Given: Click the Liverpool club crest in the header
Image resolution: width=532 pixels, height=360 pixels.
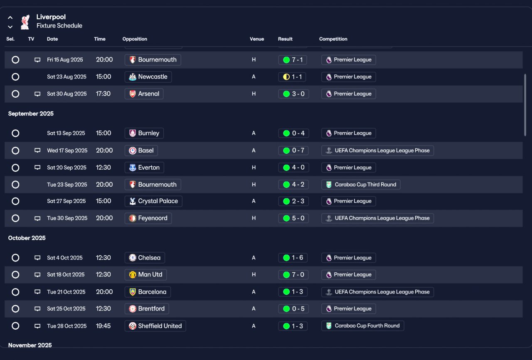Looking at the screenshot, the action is pos(25,22).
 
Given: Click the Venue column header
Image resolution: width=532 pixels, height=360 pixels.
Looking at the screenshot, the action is pos(257,39).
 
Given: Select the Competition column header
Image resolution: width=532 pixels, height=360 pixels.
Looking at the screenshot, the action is pos(333,39).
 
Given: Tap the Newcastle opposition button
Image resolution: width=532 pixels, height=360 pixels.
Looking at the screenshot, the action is pos(148,77).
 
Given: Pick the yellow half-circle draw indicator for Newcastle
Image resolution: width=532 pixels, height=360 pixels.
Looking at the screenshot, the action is pos(286,77).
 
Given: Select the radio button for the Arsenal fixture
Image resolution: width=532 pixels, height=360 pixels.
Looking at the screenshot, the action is pos(15,94).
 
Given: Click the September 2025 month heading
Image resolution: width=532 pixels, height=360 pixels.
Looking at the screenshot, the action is pos(31,113).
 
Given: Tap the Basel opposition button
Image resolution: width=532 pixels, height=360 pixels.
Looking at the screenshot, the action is pos(141,150).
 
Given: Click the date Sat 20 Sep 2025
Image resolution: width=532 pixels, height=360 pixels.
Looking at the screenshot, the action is pos(66,168).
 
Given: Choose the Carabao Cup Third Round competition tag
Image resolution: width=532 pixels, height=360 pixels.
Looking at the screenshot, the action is pos(360,185).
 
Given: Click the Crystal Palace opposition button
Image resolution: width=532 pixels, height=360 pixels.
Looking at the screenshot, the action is pos(153,201).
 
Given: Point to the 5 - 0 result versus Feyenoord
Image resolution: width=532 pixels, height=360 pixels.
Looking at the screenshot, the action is pos(293,218).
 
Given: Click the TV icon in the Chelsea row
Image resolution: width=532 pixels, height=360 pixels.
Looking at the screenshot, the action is pos(37,258).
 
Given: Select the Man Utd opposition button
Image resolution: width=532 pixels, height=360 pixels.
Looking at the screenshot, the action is pos(145,274).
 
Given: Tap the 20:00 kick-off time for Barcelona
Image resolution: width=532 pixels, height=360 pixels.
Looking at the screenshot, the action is pos(104,291).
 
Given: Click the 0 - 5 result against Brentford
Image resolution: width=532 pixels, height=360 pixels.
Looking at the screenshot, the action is pos(293,309).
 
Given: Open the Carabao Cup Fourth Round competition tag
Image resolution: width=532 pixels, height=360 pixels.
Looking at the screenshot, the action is pos(362,325).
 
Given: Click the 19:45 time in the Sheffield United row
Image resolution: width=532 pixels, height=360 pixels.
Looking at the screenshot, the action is pos(103,326).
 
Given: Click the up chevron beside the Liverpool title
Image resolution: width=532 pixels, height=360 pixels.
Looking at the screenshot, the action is pos(10,17).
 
